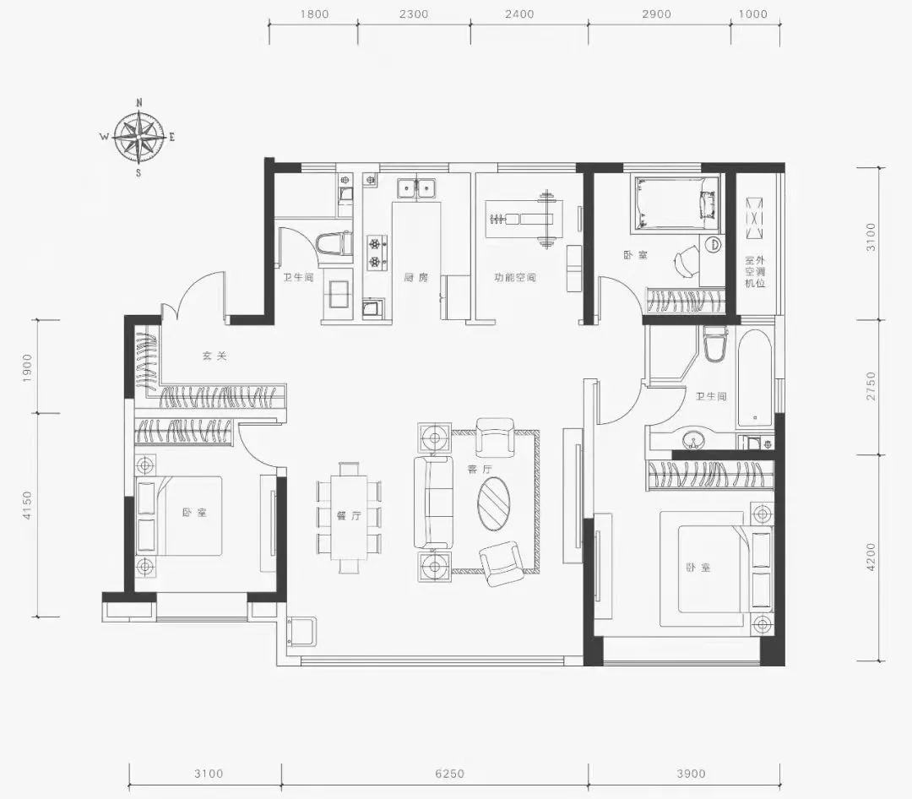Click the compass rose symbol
tap(138, 138)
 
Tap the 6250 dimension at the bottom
tap(449, 774)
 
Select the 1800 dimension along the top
tap(315, 14)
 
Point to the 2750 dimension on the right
tap(870, 386)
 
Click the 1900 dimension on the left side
tap(27, 367)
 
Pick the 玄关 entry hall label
tap(214, 356)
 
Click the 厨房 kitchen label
tap(415, 278)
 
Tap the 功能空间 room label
tap(515, 278)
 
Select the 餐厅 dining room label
tap(349, 515)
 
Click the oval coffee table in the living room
tap(494, 503)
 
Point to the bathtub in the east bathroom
tap(754, 379)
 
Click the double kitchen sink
tap(416, 188)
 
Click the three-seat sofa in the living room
tap(433, 503)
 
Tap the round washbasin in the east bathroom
tap(692, 438)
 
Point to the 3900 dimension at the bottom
tap(691, 774)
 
